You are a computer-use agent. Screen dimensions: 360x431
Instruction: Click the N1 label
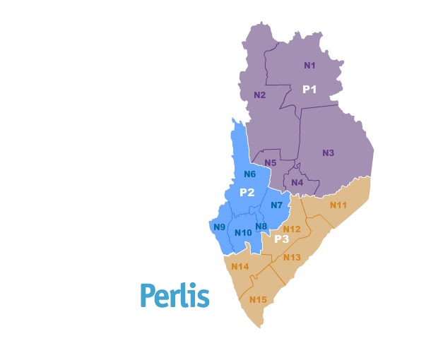coord(309,66)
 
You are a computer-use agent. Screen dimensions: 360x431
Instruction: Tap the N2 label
coord(259,95)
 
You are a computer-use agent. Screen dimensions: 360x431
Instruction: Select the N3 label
coord(328,153)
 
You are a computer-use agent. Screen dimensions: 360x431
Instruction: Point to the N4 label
coord(297,183)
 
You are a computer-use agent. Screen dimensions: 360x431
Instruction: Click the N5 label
coord(271,163)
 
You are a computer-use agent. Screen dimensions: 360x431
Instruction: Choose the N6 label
coord(249,174)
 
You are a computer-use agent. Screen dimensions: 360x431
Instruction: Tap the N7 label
coord(276,205)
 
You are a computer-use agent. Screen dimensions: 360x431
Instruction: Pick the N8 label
coord(261,226)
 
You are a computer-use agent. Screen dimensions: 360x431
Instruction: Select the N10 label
coord(243,234)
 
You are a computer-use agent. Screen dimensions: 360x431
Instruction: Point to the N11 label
coord(338,205)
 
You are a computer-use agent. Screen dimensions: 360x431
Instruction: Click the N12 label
coord(292,229)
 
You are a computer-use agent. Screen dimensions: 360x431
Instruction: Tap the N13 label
coord(292,257)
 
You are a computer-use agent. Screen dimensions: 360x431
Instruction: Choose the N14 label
coord(240,266)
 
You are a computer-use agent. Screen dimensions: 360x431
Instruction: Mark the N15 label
coord(258,300)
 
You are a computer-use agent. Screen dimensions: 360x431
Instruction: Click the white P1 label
coord(309,90)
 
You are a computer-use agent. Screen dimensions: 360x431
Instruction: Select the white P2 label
coord(247,193)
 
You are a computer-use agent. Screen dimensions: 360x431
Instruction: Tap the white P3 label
coord(282,239)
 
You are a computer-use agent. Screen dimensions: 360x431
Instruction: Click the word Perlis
coord(175,295)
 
